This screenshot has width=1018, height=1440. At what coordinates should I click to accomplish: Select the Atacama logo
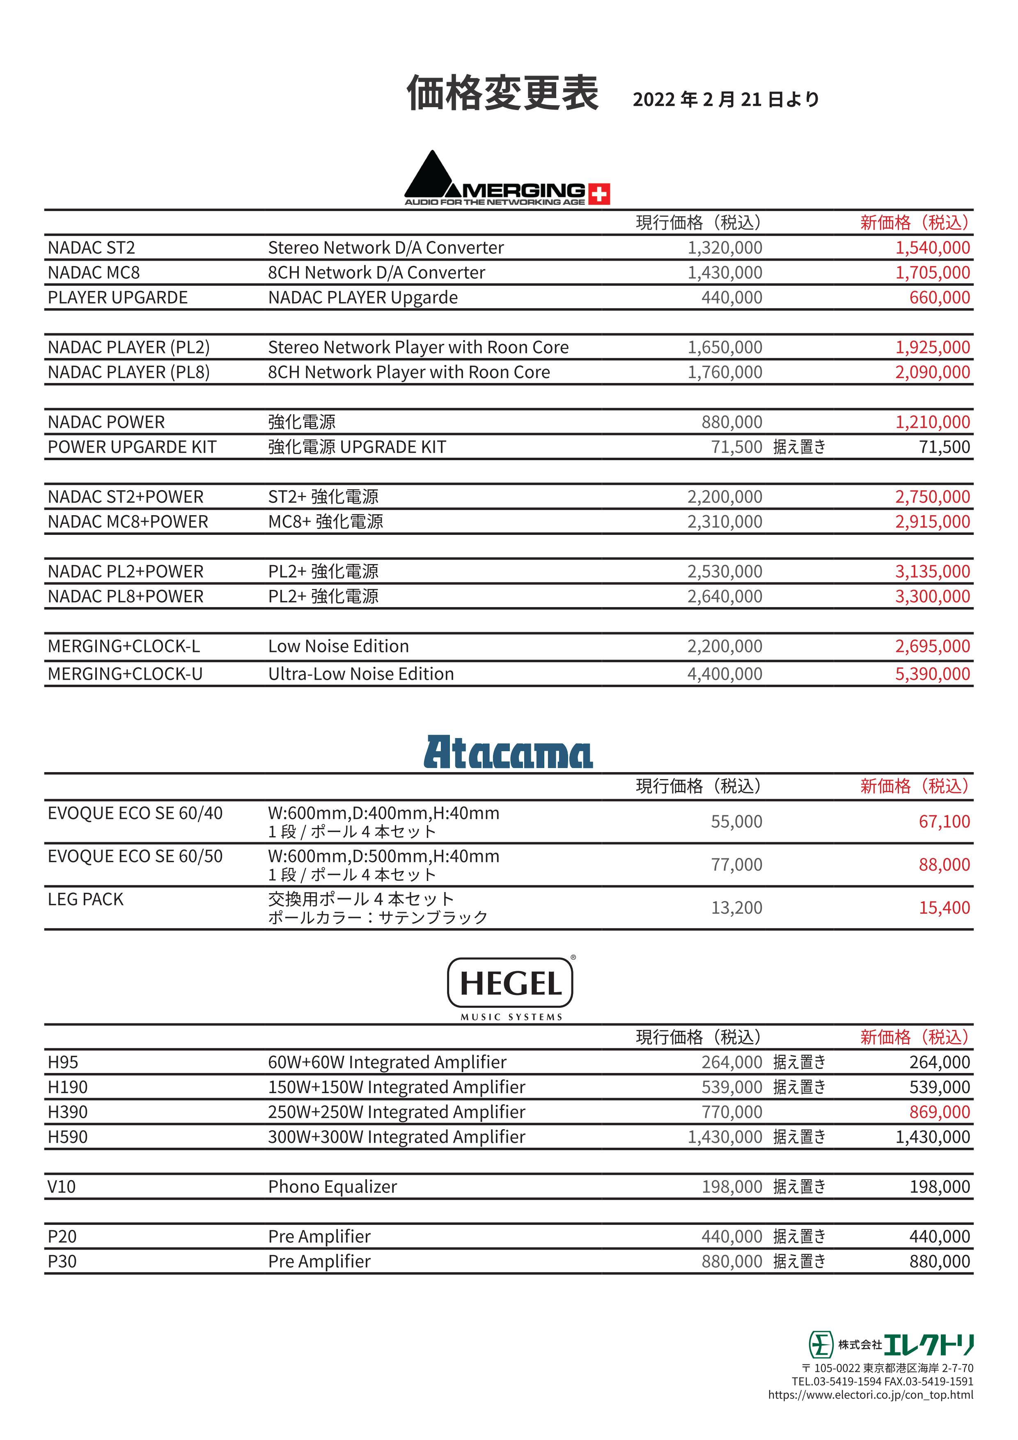tap(508, 752)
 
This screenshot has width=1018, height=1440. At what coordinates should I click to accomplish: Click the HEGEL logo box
tap(510, 983)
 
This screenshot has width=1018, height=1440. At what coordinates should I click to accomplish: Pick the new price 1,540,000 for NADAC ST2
tap(932, 248)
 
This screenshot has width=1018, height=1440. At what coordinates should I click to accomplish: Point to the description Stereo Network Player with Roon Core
tap(418, 347)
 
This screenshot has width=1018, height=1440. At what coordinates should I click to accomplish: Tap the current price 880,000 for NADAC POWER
tap(731, 422)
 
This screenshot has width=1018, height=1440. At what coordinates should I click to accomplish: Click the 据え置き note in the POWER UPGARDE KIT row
tap(799, 447)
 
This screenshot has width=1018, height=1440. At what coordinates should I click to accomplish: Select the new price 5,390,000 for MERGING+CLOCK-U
tap(932, 674)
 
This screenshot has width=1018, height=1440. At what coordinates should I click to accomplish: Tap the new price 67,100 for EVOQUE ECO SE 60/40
tap(944, 822)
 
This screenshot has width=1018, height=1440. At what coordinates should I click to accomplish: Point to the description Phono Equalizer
tap(332, 1187)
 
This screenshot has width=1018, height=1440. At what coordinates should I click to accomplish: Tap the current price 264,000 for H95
tap(731, 1062)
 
